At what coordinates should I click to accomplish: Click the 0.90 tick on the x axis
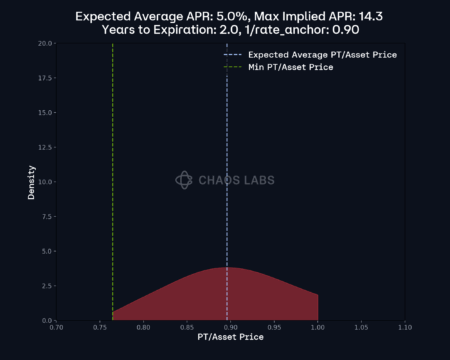pyautogui.click(x=231, y=327)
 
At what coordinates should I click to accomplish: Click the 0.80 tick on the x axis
pyautogui.click(x=144, y=327)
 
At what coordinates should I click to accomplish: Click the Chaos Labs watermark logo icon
pyautogui.click(x=184, y=180)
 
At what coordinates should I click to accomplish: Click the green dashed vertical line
pyautogui.click(x=113, y=150)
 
